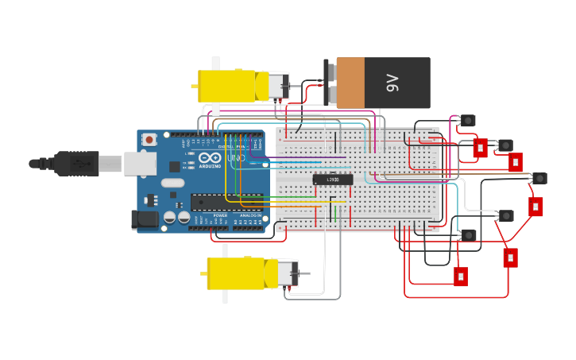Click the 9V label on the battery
pos(392,83)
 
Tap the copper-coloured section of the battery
pos(350,83)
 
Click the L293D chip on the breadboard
pos(333,180)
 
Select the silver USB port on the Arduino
pos(140,163)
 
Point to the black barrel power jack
pos(145,219)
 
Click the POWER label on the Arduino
pos(220,215)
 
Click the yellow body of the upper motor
pos(227,86)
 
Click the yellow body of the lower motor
pos(236,273)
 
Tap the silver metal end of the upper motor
pos(277,86)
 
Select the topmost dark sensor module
pos(467,121)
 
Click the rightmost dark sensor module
pos(539,178)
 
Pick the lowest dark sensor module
pos(468,235)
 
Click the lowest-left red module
pos(461,277)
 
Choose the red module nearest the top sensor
pos(480,148)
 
